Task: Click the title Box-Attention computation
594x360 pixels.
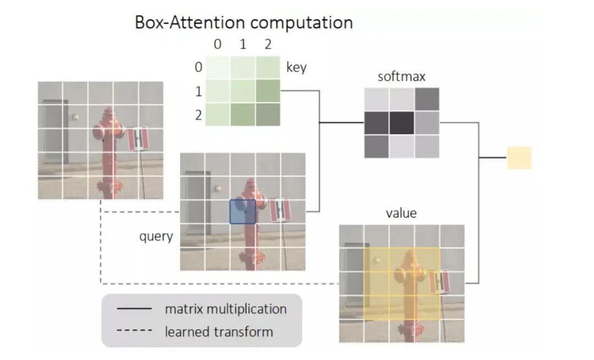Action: [244, 23]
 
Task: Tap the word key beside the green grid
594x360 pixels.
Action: [296, 68]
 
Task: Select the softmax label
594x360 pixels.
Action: [402, 76]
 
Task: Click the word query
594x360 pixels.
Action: [156, 236]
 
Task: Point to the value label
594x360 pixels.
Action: [402, 213]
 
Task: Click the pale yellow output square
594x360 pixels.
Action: [519, 158]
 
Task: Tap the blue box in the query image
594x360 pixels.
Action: [243, 212]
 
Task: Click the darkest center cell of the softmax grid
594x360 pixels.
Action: [402, 123]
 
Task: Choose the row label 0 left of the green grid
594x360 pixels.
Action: [198, 68]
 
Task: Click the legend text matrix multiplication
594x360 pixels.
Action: [226, 309]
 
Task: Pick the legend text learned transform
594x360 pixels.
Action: [218, 331]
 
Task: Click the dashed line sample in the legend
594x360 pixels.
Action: [134, 332]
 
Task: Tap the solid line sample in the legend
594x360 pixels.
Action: [134, 309]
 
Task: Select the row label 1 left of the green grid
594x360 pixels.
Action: [198, 91]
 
